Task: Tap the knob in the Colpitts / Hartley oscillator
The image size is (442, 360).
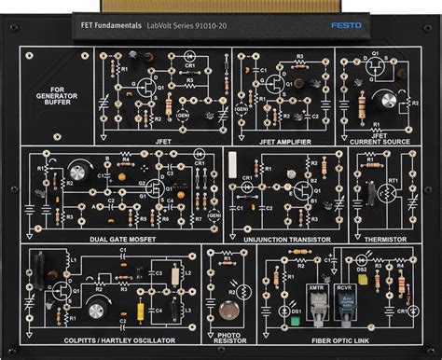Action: [x=96, y=305]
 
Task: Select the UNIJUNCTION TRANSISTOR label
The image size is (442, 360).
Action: [x=284, y=240]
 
